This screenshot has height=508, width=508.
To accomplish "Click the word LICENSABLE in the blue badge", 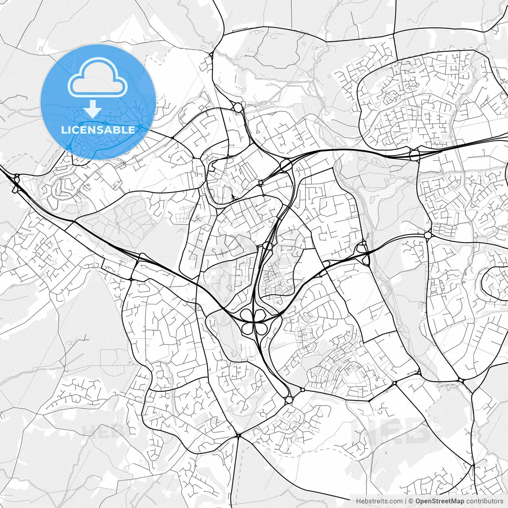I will [98, 130].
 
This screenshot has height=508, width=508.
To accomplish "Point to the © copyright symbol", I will [411, 501].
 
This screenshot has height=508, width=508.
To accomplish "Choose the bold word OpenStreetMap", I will [439, 501].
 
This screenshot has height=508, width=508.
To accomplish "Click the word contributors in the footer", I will [485, 501].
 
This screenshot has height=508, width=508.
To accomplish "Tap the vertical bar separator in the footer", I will [406, 501].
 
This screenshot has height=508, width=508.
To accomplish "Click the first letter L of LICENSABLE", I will [63, 130].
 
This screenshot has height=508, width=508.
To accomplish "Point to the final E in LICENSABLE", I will [132, 130].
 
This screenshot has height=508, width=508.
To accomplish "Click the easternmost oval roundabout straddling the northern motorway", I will [415, 154].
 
